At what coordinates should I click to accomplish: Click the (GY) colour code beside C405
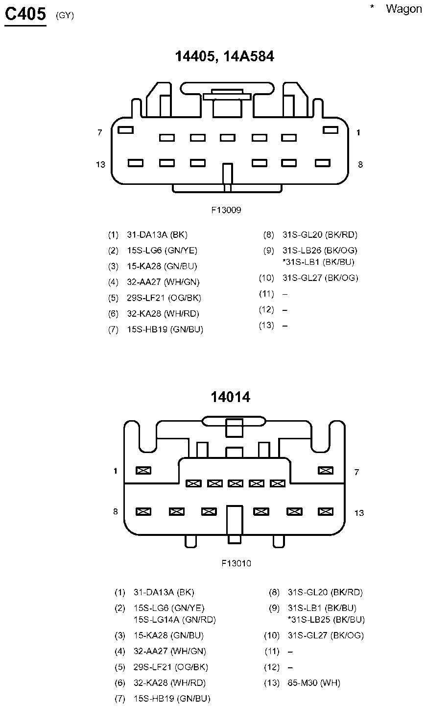click(65, 15)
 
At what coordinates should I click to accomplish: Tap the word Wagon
click(403, 9)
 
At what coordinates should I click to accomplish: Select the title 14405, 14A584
click(225, 57)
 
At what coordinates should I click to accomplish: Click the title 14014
click(230, 397)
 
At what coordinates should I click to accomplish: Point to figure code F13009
click(226, 210)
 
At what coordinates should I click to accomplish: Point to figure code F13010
click(236, 563)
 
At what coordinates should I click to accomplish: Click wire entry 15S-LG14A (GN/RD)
click(175, 619)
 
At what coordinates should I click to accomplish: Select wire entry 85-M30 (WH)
click(314, 683)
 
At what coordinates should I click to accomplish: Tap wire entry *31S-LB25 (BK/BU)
click(326, 619)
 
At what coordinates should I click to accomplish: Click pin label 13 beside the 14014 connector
click(359, 513)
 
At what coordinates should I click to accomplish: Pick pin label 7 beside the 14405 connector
click(100, 132)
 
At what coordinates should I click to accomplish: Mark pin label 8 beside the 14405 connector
click(360, 164)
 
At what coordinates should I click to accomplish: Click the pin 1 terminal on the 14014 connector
click(143, 470)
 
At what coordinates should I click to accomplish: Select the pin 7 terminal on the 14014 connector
click(326, 470)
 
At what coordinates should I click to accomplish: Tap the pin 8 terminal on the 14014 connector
click(143, 511)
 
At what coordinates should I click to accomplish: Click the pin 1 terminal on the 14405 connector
click(331, 130)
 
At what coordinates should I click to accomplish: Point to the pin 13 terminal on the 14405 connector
click(135, 162)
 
